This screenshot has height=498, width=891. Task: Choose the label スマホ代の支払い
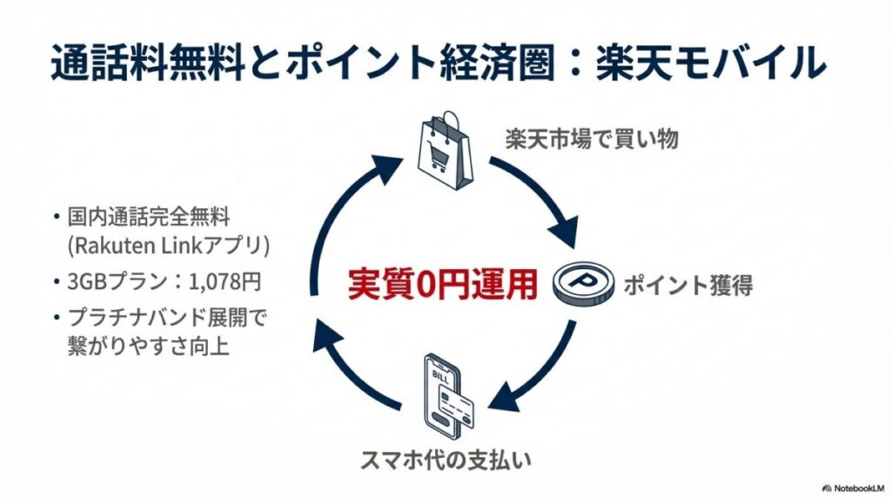click(x=445, y=461)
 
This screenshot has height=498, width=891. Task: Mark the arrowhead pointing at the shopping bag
click(x=394, y=163)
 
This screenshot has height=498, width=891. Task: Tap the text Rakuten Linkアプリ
click(x=169, y=246)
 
